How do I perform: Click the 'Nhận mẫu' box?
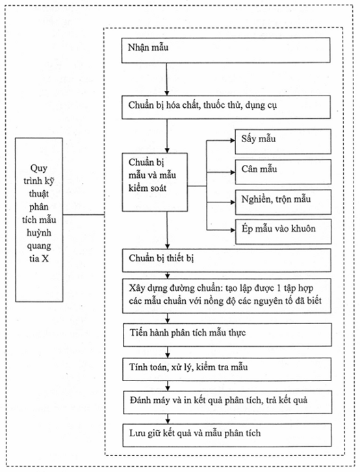tap(225, 50)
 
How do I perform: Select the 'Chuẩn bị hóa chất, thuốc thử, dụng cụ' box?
tap(226, 107)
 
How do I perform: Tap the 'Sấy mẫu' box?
tap(283, 142)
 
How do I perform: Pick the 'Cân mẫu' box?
tap(283, 171)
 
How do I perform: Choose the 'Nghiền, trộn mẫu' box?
tap(283, 202)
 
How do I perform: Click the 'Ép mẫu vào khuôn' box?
tap(283, 231)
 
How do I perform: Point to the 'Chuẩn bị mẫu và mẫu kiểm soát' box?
tap(155, 182)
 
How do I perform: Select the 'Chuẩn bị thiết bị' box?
tap(227, 260)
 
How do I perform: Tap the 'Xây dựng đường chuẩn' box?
tap(227, 295)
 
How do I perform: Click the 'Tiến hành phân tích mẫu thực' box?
tap(227, 335)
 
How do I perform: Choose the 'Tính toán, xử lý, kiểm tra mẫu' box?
tap(227, 369)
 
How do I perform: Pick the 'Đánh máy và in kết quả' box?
tap(227, 402)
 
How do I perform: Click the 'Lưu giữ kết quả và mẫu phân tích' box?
tap(227, 435)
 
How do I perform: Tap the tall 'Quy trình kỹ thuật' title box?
tap(39, 219)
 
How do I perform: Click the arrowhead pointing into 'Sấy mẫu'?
tap(233, 140)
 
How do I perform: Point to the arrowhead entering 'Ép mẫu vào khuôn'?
tap(233, 230)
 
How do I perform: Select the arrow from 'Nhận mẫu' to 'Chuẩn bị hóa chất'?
tap(166, 79)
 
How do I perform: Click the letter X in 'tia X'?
tap(45, 259)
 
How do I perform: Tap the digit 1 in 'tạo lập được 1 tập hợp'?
tap(279, 288)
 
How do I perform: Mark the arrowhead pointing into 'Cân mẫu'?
tap(233, 172)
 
